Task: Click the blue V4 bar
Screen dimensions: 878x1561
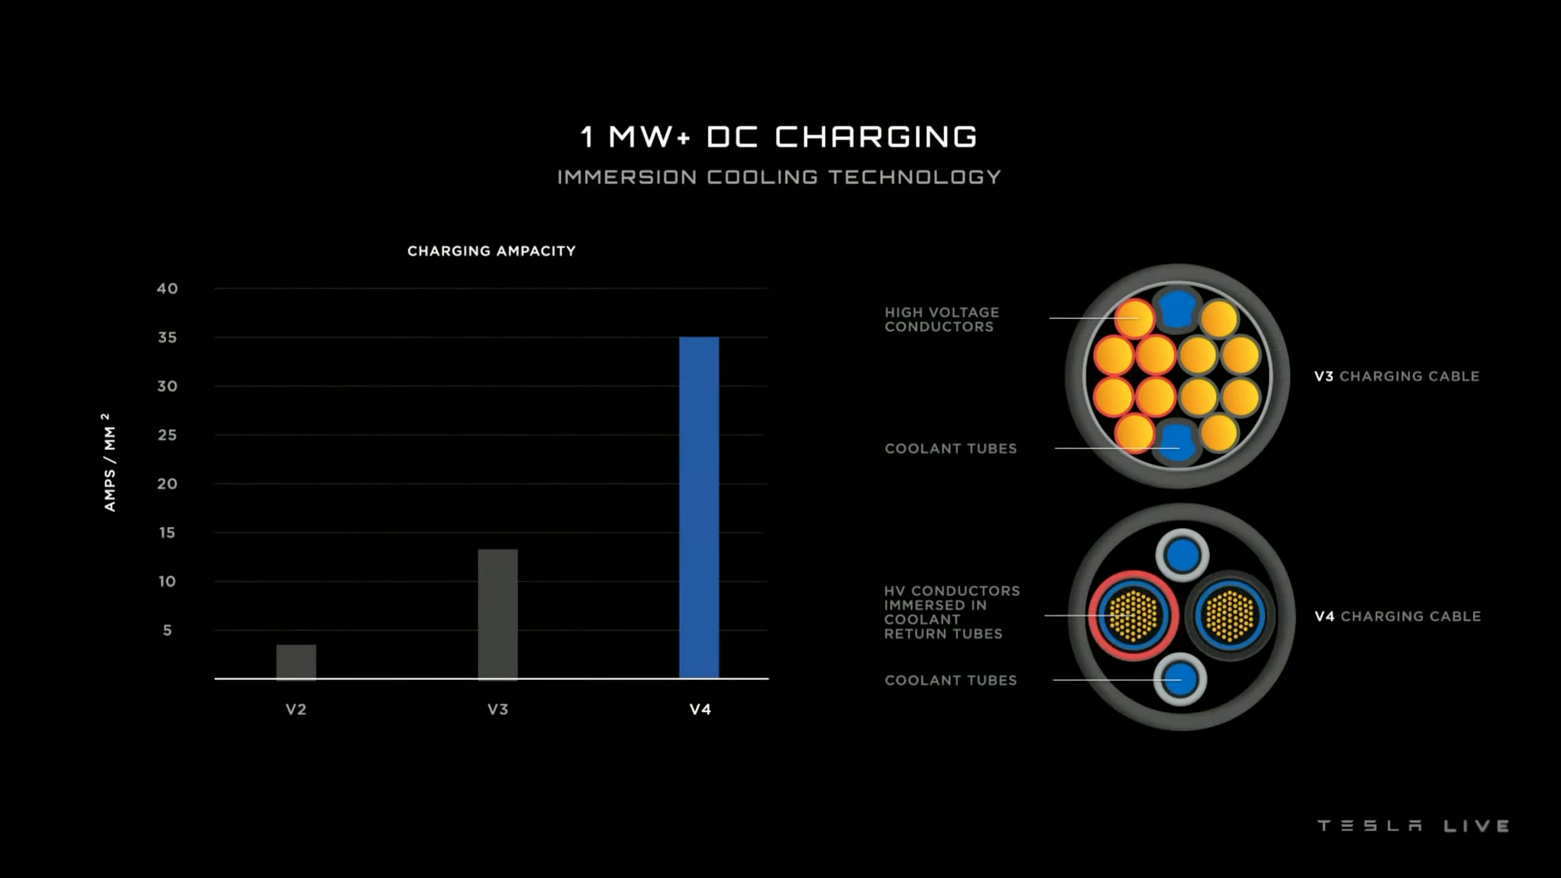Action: (699, 507)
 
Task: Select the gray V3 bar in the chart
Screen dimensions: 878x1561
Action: (498, 613)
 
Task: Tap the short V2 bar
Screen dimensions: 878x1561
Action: (296, 662)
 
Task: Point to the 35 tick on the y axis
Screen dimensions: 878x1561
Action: (167, 337)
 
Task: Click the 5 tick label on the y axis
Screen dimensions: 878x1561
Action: (167, 630)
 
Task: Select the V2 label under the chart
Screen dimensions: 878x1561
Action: (296, 709)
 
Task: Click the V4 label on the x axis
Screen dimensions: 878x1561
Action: (700, 709)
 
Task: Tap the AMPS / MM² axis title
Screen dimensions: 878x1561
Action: (109, 462)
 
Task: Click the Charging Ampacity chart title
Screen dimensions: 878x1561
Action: (491, 251)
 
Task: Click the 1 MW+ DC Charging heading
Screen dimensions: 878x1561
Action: (779, 137)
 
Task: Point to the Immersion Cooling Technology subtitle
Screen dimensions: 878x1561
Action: (779, 177)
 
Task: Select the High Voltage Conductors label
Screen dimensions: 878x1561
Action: (941, 319)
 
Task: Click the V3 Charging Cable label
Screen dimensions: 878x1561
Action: (1396, 376)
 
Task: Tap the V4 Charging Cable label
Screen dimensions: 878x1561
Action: (1398, 616)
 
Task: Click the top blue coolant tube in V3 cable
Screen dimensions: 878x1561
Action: (1177, 309)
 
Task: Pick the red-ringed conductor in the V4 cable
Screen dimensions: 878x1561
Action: (1134, 616)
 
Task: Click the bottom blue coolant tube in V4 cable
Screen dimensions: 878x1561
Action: (1181, 679)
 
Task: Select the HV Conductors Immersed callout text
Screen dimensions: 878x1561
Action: (951, 612)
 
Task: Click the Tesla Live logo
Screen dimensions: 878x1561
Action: (1413, 826)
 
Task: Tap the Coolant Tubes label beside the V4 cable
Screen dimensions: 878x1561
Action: (951, 680)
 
